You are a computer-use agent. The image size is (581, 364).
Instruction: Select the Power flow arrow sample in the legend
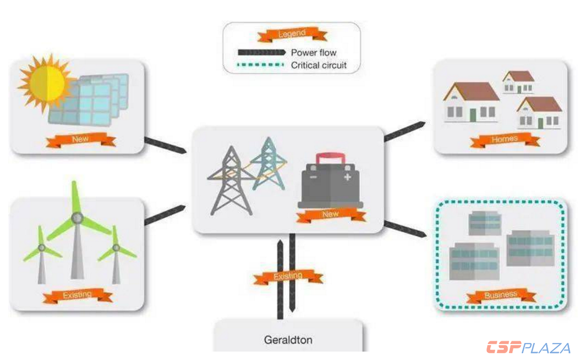(x=262, y=52)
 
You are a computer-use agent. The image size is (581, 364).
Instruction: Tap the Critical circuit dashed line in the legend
(x=262, y=65)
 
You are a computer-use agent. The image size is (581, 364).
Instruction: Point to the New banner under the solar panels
(x=80, y=140)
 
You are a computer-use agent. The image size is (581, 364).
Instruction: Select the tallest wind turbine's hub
(x=76, y=218)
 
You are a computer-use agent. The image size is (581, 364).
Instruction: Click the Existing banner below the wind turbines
(x=78, y=296)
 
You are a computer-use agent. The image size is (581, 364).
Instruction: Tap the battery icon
(x=330, y=186)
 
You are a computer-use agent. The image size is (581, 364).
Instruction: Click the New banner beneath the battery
(x=330, y=215)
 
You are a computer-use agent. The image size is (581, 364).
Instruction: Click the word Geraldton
(x=288, y=340)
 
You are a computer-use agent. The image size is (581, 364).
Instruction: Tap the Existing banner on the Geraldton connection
(x=288, y=277)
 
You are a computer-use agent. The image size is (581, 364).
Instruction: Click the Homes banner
(x=505, y=140)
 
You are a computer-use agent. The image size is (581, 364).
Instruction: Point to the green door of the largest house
(x=472, y=115)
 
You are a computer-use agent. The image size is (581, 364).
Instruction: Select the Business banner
(x=501, y=296)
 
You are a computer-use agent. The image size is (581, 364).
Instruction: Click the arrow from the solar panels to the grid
(x=165, y=145)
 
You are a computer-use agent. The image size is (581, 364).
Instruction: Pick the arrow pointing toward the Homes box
(x=404, y=132)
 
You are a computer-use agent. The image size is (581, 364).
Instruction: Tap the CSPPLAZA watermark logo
(x=528, y=348)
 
